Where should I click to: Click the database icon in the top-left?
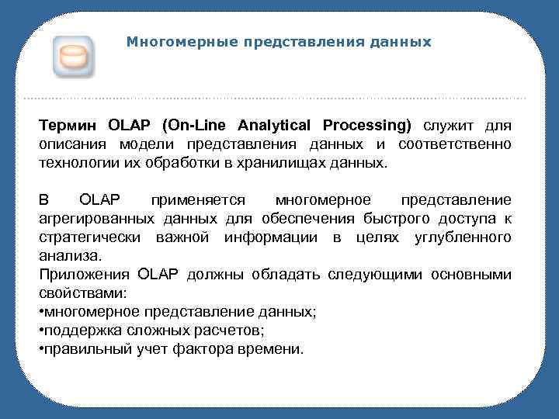pos(74,57)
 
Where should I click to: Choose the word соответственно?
pos(455,145)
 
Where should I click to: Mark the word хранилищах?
pos(285,164)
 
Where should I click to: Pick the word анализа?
pos(68,255)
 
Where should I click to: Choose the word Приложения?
pos(84,275)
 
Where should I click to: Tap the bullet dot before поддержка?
pos(41,331)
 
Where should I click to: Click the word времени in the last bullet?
pos(276,349)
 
